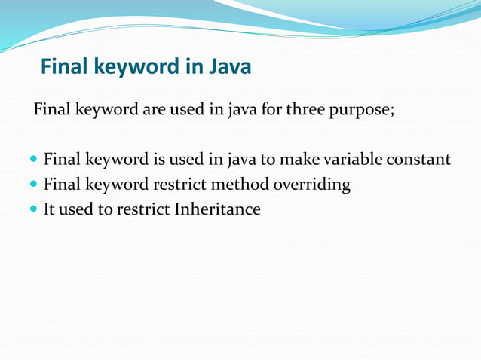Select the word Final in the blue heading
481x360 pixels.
tap(64, 67)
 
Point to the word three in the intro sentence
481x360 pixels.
tap(302, 111)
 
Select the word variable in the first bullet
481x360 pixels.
tap(349, 160)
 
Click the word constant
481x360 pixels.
tap(419, 160)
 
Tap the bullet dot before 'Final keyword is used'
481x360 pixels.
tap(33, 160)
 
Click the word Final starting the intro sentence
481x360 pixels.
tap(52, 111)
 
